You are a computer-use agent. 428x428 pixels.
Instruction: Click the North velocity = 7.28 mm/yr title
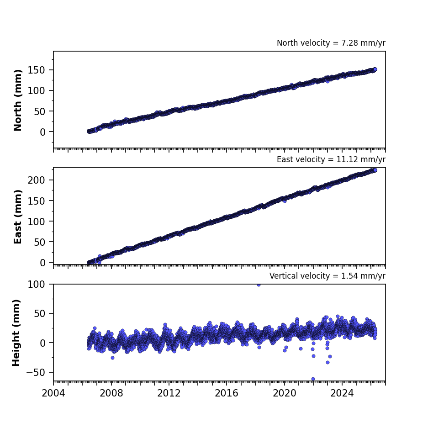click(x=331, y=43)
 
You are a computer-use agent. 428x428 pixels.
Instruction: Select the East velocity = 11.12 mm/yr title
click(x=331, y=159)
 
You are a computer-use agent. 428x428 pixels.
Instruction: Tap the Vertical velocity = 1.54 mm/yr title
click(x=328, y=276)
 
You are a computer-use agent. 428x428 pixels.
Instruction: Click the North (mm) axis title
click(x=17, y=100)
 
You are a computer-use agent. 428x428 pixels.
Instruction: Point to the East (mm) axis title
click(x=17, y=217)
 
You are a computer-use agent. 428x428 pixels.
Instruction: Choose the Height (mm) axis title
click(x=16, y=333)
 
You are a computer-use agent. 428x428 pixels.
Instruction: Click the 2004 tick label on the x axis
click(x=53, y=393)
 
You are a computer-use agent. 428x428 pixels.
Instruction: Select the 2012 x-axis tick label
click(x=169, y=393)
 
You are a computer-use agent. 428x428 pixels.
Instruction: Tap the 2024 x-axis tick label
click(x=342, y=393)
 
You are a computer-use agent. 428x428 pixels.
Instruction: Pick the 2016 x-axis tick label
click(x=227, y=393)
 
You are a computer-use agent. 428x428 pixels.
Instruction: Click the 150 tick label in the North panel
click(x=36, y=70)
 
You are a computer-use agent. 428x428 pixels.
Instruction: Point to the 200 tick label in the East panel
click(x=36, y=180)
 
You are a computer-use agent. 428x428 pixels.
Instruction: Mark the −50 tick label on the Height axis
click(x=36, y=372)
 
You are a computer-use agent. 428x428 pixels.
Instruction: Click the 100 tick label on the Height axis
click(x=36, y=285)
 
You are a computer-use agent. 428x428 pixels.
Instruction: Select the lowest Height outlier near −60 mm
click(x=313, y=379)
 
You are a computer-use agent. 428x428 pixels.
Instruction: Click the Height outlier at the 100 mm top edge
click(x=259, y=285)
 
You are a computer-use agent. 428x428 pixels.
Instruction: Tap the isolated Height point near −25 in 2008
click(x=112, y=358)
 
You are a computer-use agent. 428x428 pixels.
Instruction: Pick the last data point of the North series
click(x=375, y=69)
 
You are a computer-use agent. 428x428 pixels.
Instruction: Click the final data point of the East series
click(x=375, y=170)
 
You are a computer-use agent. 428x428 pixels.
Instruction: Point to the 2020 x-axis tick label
click(x=285, y=393)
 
